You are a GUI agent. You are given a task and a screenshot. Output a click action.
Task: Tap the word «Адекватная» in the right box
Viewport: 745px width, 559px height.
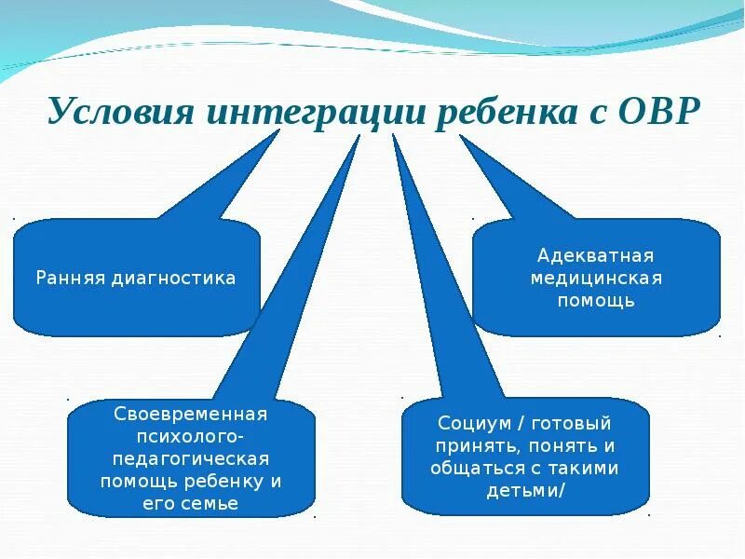[x=596, y=255]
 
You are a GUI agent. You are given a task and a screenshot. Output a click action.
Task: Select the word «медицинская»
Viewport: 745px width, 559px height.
[x=596, y=278]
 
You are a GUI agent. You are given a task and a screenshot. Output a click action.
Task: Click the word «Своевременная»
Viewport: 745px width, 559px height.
[x=191, y=414]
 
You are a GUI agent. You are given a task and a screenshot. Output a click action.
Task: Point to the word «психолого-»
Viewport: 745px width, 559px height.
[x=191, y=436]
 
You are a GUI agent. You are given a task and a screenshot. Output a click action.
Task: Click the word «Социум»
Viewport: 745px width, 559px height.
[x=471, y=423]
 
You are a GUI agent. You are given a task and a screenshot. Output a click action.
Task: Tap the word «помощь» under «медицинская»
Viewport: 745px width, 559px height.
[x=596, y=300]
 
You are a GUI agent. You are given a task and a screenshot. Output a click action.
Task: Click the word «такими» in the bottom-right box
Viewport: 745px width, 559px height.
[x=585, y=468]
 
